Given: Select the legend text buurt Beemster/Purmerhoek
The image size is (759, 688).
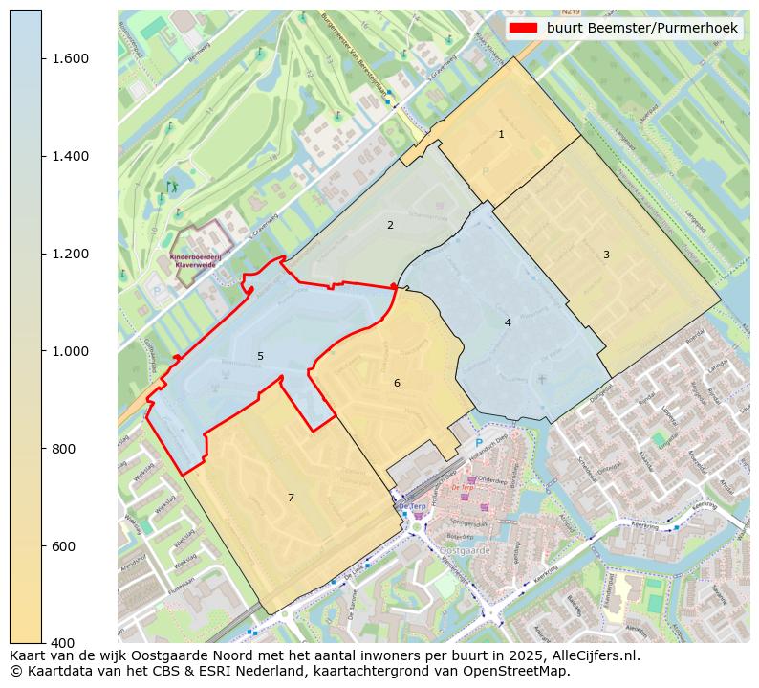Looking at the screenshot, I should [x=641, y=28].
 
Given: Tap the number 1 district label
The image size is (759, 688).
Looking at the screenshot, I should [x=501, y=135].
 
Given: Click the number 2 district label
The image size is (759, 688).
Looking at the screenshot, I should [x=390, y=226].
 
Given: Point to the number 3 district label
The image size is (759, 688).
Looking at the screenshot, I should [x=606, y=255].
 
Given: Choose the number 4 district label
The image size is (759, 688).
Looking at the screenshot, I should [x=508, y=323].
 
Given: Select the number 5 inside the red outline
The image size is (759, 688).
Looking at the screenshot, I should [x=260, y=357].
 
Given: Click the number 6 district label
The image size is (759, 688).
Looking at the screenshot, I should [x=397, y=384].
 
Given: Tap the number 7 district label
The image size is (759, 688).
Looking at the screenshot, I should [x=291, y=498].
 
